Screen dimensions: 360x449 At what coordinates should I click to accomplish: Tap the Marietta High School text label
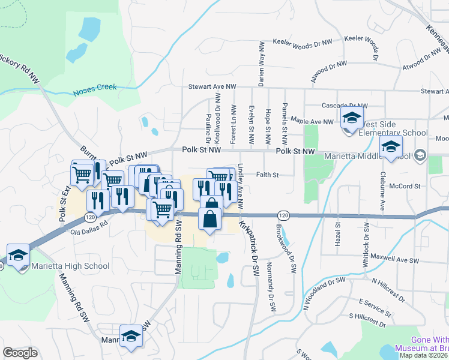(x=71, y=266)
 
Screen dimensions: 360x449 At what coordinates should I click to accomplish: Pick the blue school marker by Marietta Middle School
(x=391, y=146)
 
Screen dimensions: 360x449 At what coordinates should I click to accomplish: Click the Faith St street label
(x=268, y=175)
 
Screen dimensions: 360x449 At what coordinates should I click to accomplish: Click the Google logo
(x=20, y=353)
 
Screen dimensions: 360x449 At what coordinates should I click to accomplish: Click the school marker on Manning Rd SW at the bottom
(x=130, y=338)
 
